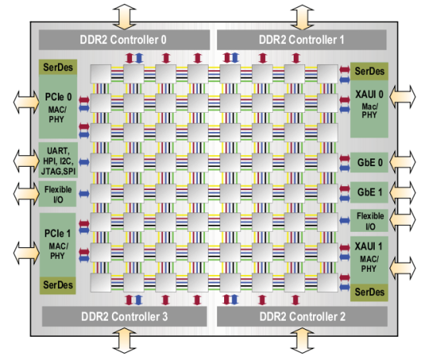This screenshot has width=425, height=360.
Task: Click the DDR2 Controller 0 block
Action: click(x=124, y=40)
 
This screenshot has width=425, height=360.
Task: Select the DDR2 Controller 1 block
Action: click(x=301, y=40)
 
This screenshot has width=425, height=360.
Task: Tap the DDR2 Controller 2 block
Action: click(x=302, y=317)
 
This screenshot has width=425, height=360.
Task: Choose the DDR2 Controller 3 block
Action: click(x=124, y=317)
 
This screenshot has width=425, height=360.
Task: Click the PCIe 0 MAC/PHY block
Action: click(x=58, y=107)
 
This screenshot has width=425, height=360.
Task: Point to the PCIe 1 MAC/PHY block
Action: click(x=58, y=245)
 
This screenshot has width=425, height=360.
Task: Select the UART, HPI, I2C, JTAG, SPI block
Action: click(x=58, y=160)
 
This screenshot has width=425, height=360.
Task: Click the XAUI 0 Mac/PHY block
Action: click(x=369, y=109)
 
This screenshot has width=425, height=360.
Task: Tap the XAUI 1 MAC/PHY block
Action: click(x=369, y=260)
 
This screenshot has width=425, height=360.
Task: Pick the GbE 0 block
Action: click(x=369, y=162)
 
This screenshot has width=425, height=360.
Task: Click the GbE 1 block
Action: click(x=369, y=192)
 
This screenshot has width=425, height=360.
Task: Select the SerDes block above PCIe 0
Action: click(x=58, y=67)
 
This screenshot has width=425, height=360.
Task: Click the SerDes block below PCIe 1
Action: click(x=58, y=285)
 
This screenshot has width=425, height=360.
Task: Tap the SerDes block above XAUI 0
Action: click(x=369, y=71)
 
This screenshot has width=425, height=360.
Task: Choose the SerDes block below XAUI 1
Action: click(x=369, y=293)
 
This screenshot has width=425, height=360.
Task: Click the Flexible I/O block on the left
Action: click(x=57, y=194)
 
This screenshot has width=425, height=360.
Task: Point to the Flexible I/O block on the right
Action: click(x=369, y=221)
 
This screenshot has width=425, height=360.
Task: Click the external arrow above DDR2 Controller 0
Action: click(x=124, y=16)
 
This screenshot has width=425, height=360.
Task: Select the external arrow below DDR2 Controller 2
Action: click(x=302, y=341)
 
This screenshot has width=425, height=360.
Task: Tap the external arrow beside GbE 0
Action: click(x=403, y=162)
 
